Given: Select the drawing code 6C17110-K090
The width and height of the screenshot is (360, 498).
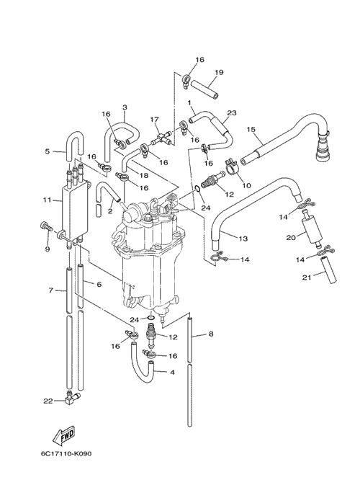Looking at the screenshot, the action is click(66, 453).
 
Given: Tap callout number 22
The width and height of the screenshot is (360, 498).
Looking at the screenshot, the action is click(48, 401).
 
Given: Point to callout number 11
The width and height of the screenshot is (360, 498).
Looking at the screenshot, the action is click(47, 200).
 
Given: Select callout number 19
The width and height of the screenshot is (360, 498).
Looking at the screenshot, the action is click(219, 72).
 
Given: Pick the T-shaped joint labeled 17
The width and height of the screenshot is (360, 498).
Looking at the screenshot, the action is click(163, 138).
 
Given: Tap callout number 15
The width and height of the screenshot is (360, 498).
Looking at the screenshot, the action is click(251, 129).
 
